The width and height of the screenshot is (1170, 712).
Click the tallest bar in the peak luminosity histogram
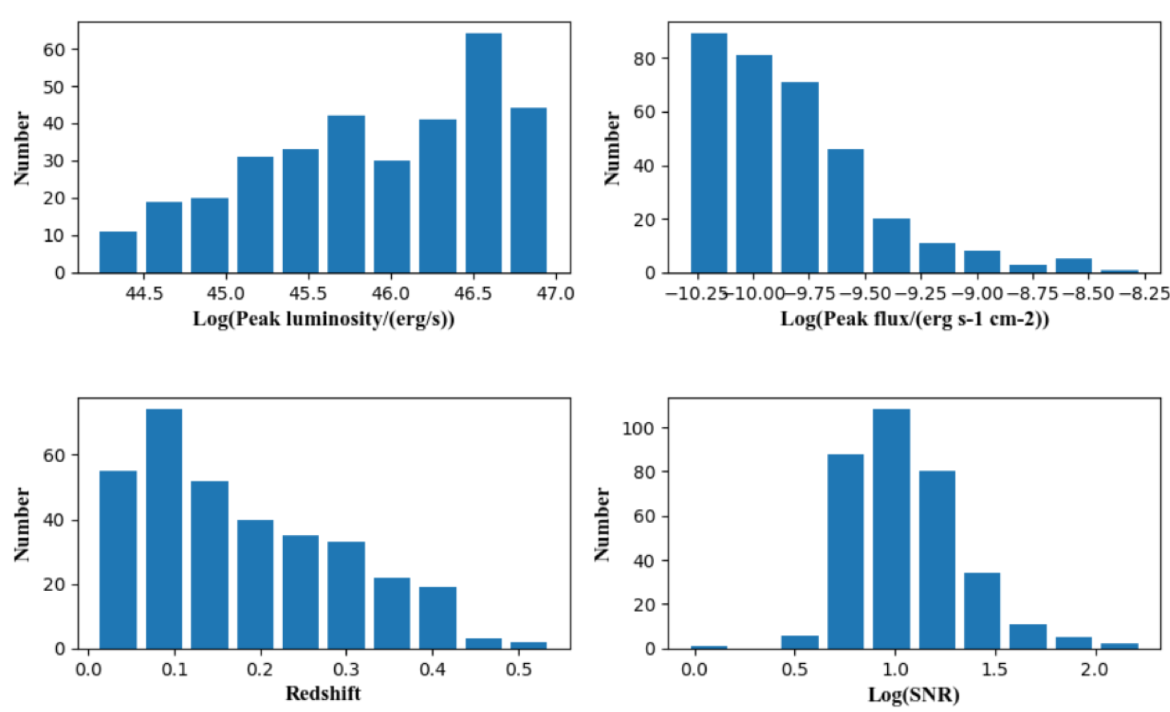483,152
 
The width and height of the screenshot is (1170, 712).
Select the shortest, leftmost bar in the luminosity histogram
118,252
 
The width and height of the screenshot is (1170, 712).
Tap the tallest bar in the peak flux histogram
708,152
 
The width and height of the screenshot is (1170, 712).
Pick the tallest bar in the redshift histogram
163,529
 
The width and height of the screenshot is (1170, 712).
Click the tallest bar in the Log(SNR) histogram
890,529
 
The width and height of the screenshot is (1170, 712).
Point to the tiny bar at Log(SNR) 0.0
708,646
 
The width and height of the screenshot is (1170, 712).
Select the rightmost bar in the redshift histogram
528,645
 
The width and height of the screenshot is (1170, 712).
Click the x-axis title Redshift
323,694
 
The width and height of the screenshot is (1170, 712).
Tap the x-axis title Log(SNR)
914,694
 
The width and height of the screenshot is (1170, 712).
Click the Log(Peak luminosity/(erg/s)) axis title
323,320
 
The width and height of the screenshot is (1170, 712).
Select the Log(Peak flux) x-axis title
914,320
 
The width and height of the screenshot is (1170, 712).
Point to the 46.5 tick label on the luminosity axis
473,293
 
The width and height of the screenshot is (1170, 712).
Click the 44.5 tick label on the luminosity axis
144,293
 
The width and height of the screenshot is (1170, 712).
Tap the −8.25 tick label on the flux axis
1144,293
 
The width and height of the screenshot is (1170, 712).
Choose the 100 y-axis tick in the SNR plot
639,428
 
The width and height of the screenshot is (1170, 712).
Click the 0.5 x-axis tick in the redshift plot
518,669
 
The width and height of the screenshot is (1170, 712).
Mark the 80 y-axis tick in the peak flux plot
644,58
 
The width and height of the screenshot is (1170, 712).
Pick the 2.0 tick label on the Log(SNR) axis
1094,669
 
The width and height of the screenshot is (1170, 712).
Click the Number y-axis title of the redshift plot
22,524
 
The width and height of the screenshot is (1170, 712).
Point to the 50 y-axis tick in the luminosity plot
54,86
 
